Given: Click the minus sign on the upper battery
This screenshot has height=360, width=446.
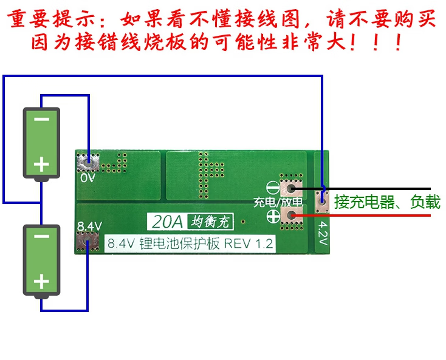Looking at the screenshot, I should tap(41, 120).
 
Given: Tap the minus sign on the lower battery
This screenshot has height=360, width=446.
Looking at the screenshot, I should tap(41, 237).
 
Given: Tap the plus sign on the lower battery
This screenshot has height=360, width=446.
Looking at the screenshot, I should tap(41, 281).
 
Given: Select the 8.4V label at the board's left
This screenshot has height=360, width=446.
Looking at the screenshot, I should tap(89, 227).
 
